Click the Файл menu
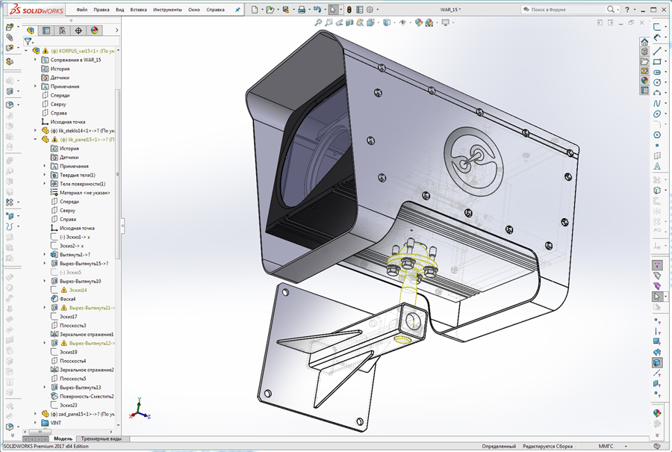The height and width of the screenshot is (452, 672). coord(81,10)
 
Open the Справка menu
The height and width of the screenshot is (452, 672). coord(214,10)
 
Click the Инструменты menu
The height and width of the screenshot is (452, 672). coord(167,10)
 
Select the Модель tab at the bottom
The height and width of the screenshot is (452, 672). coord(63,439)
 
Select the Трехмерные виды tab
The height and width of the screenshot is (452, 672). coord(101,439)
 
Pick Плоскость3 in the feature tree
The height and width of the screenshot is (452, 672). coord(72,326)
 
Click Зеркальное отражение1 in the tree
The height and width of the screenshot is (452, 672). coord(86,334)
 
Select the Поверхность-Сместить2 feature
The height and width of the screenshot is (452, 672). coord(86,396)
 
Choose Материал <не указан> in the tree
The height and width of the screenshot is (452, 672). coord(84,193)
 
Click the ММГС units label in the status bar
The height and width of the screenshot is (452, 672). coord(606,446)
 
